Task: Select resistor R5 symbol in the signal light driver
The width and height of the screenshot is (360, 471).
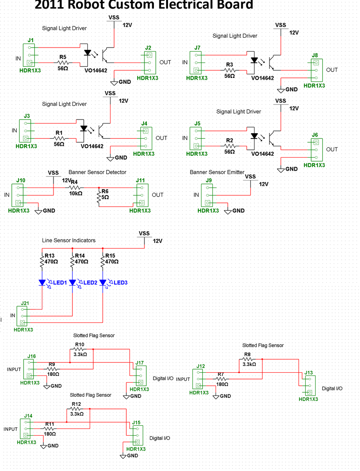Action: coord(63,63)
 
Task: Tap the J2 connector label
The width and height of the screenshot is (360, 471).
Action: coord(148,48)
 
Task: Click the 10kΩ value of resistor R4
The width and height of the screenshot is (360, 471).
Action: coord(76,193)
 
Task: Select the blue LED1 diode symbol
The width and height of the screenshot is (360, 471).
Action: coord(42,282)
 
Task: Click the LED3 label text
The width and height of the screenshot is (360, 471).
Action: coord(120,283)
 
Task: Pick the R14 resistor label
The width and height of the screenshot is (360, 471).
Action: coord(79,256)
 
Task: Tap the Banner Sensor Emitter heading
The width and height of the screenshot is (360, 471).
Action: coord(217,172)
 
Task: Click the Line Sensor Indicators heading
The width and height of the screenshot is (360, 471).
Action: coord(68,240)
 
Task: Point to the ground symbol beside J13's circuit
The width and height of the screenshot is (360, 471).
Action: coord(216,396)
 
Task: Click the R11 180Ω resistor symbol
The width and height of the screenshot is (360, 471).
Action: coord(50,429)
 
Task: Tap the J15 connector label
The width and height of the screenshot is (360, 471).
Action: coord(136,423)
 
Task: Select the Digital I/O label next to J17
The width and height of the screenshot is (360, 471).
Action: coord(163,378)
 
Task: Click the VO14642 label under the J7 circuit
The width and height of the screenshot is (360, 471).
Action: coord(262,78)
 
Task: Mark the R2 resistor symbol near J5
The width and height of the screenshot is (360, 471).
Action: coord(230,146)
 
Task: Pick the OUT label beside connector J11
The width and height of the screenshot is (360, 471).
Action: coord(157,195)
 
